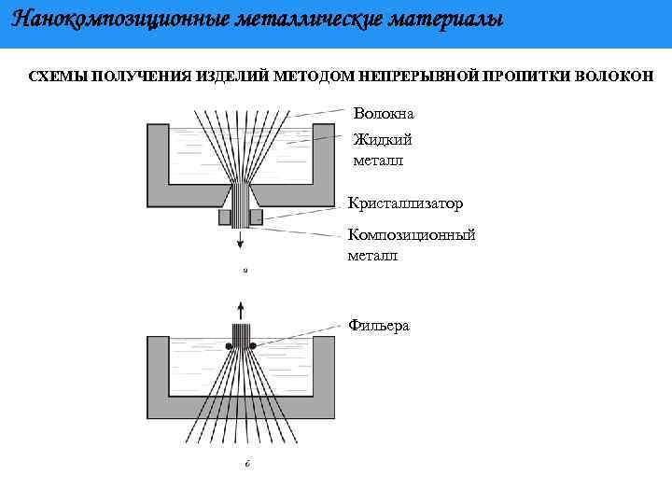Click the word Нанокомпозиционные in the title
[x=103, y=19]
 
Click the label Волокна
[x=383, y=114]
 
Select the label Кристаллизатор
[x=405, y=203]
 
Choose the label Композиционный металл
[x=411, y=244]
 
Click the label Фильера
[x=378, y=325]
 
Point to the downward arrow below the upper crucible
[x=241, y=240]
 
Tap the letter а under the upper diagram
[x=245, y=271]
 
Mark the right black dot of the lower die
[x=252, y=345]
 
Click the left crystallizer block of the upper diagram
[x=225, y=217]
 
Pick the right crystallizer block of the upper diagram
[x=256, y=217]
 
